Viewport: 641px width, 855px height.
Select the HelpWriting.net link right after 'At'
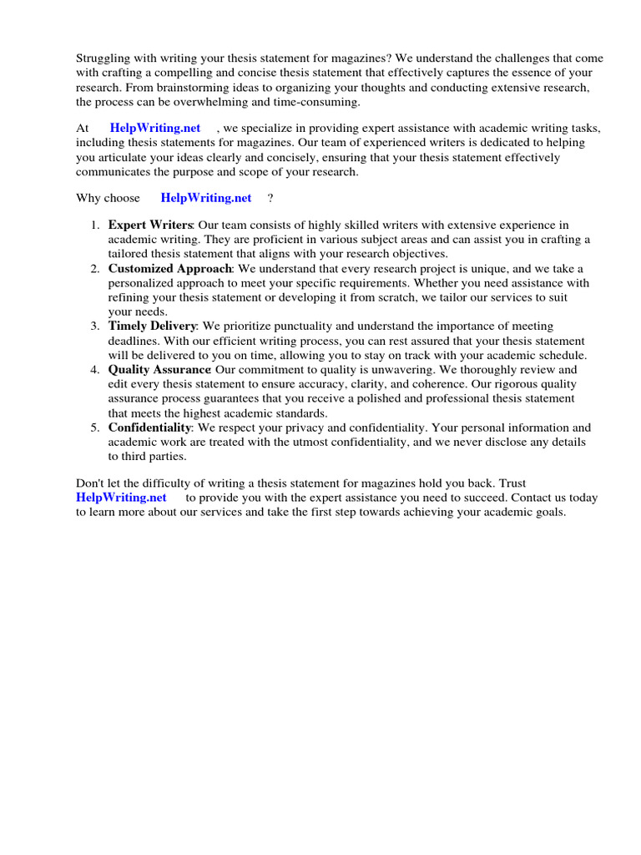[155, 128]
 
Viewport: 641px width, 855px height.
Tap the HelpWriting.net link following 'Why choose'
[206, 198]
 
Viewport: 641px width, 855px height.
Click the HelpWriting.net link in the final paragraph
[122, 498]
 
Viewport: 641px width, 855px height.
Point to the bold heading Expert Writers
[150, 225]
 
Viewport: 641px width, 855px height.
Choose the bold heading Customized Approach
[170, 269]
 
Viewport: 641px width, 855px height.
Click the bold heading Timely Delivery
[152, 326]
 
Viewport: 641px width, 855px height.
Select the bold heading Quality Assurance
[159, 370]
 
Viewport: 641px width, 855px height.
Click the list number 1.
[95, 225]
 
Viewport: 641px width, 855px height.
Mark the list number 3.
[95, 326]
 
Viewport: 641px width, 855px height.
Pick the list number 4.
[95, 370]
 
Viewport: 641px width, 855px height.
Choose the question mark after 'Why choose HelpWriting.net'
[270, 198]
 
